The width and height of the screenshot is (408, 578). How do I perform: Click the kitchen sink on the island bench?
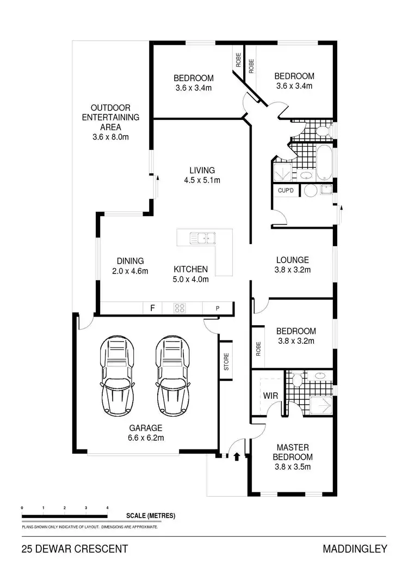coord(202,238)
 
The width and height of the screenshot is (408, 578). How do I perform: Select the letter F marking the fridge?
coord(153,308)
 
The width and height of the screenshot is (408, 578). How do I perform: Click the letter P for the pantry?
coord(217,308)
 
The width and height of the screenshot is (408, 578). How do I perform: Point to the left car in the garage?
coord(116,376)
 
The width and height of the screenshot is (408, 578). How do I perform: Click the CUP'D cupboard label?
coord(286,191)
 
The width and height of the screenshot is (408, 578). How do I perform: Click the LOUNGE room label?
coord(292,260)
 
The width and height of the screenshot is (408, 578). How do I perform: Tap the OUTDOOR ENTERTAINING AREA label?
coord(110,117)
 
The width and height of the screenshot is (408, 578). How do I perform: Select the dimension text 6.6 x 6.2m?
coord(145,437)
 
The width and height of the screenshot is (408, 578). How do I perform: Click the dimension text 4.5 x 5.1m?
coord(202,180)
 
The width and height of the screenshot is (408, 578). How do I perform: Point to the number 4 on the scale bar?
coord(107,507)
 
